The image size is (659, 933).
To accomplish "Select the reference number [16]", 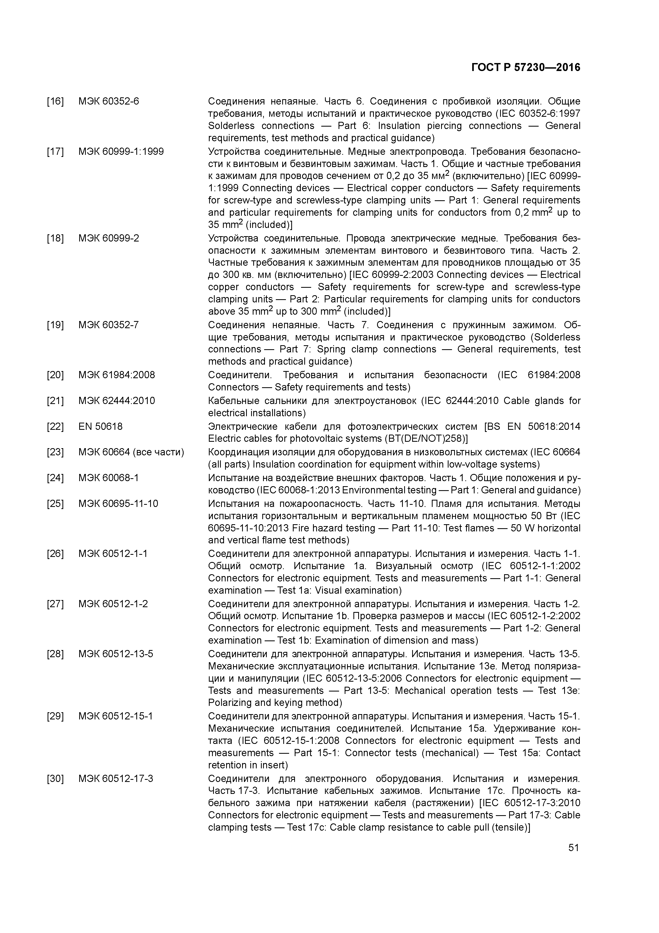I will (x=55, y=101).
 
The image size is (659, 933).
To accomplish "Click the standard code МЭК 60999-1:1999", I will (x=121, y=152).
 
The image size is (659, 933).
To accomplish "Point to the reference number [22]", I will (x=55, y=427).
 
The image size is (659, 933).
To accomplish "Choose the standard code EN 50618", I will (x=100, y=427).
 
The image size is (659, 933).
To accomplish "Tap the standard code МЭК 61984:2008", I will (x=117, y=375).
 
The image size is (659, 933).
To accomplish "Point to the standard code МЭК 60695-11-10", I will (x=118, y=504).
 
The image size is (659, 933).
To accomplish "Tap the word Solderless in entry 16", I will (x=231, y=126).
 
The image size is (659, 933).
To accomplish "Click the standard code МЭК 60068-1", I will (x=108, y=478).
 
